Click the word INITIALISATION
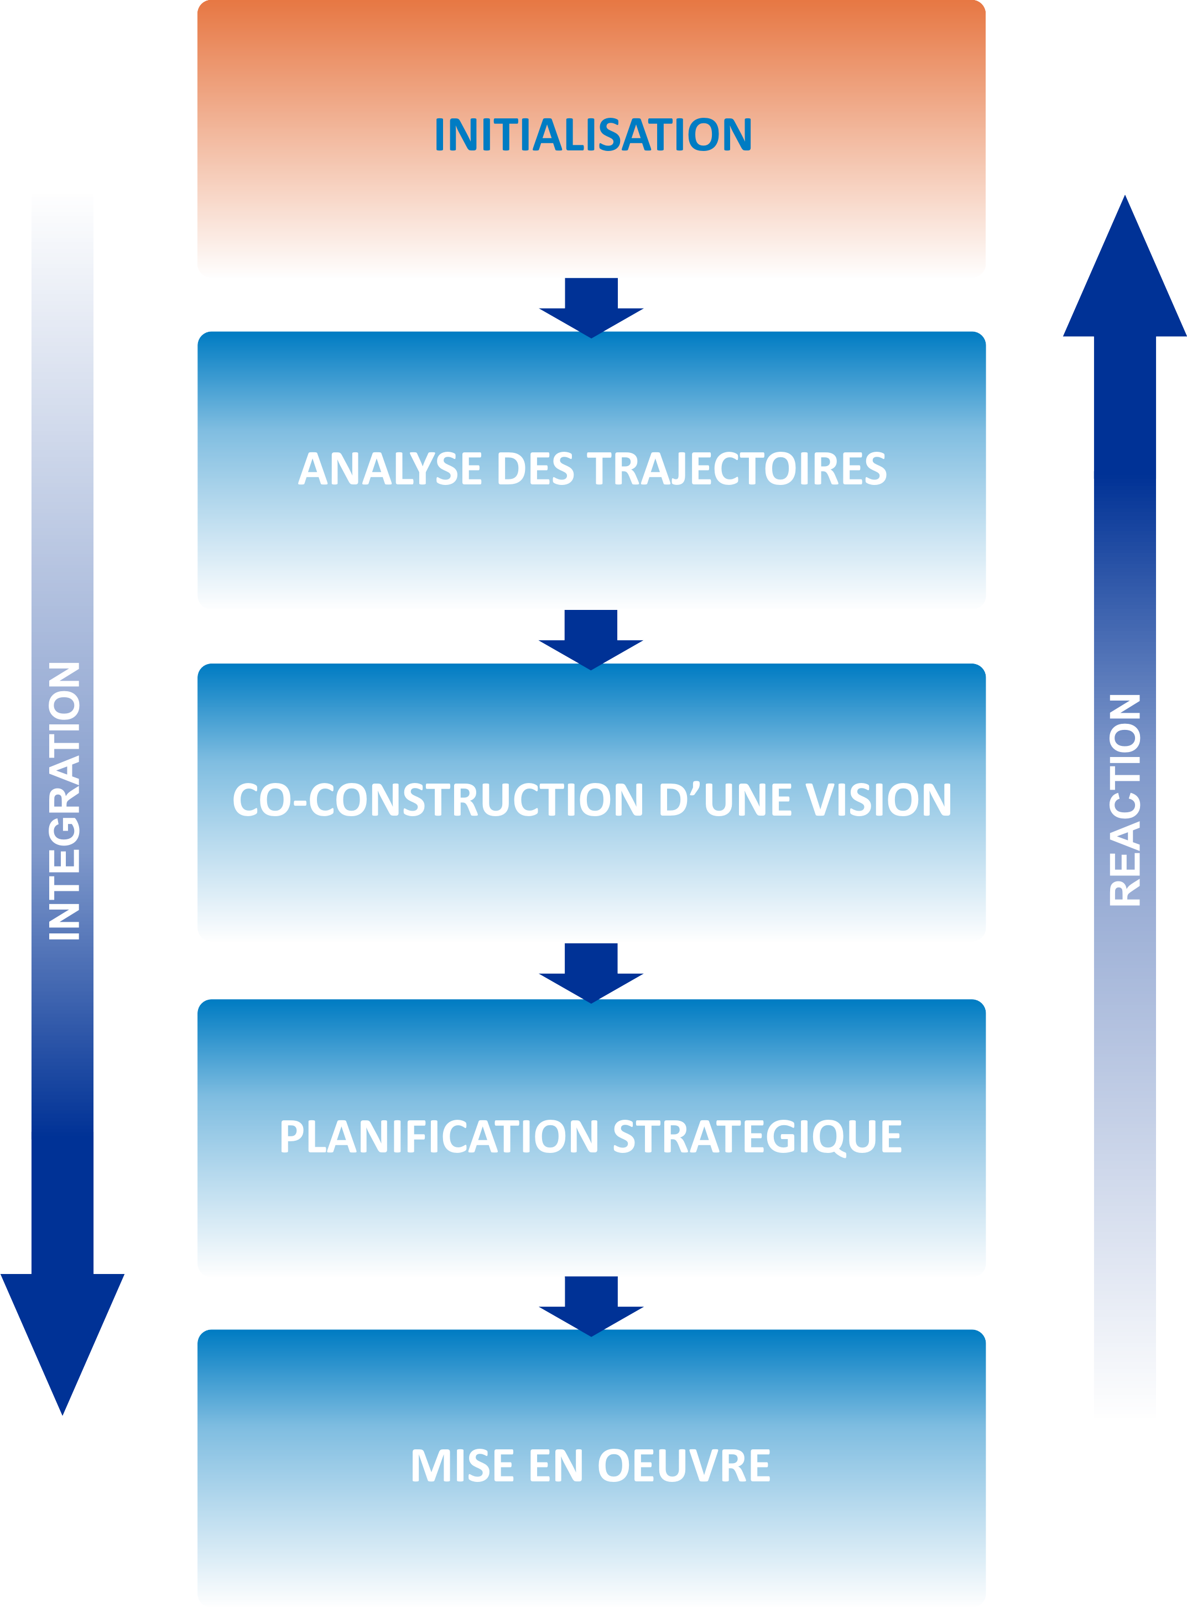tap(593, 134)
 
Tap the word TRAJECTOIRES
tap(737, 468)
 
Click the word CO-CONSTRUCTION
tap(438, 800)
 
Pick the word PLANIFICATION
tap(438, 1136)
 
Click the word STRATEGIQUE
tap(757, 1136)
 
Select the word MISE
tap(461, 1465)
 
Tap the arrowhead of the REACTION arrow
tap(1124, 273)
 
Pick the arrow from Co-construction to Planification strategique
tap(591, 972)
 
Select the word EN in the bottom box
tap(555, 1465)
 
